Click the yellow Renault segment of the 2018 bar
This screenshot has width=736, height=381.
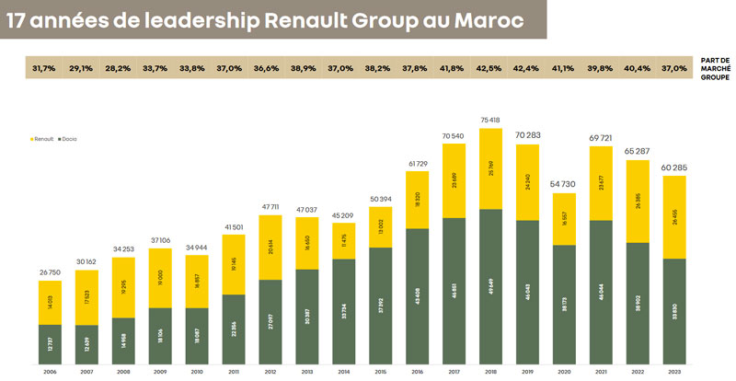[x=491, y=169]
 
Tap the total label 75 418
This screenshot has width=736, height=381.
[x=491, y=120]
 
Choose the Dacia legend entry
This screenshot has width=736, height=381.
[x=70, y=138]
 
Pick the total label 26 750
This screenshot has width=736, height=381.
[x=51, y=272]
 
